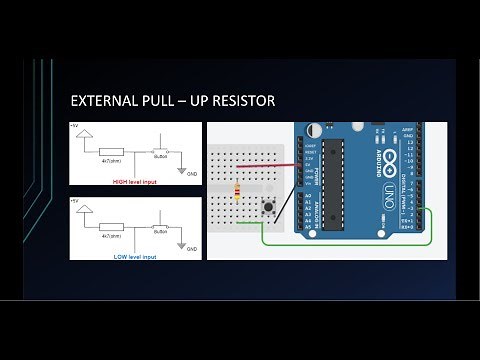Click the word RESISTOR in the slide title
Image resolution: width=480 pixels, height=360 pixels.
click(x=241, y=102)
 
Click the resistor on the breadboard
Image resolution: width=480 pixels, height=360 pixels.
click(x=237, y=191)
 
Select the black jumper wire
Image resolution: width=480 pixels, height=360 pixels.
click(x=286, y=200)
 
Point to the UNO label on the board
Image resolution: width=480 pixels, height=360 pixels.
click(x=385, y=190)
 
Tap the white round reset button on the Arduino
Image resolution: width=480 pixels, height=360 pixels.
click(x=315, y=131)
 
